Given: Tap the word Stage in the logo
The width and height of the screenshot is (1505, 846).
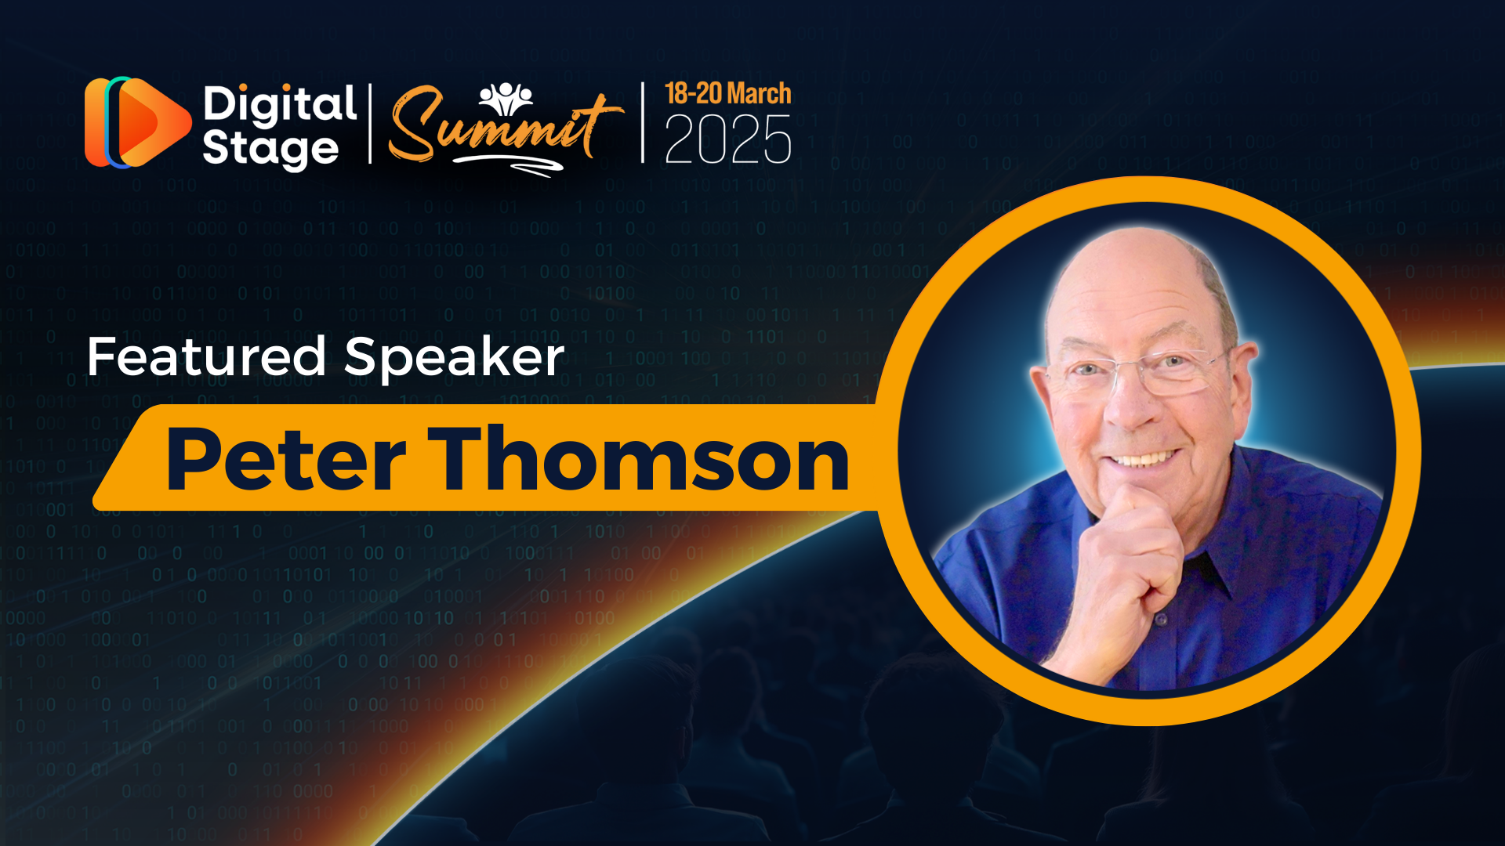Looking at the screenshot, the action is tap(270, 149).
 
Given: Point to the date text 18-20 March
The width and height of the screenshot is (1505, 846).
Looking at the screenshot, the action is tap(728, 94).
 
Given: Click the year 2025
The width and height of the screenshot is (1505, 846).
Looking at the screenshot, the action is tap(728, 139).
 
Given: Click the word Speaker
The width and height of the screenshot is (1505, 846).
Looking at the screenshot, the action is tap(455, 358).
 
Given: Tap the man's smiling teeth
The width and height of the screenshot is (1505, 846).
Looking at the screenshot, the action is tap(1144, 457).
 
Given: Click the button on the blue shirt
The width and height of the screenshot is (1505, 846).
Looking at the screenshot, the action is tap(1161, 620).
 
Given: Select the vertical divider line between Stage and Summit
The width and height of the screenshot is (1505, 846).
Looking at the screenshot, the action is tap(370, 124).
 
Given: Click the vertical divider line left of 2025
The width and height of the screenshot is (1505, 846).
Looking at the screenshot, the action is tap(643, 122).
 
